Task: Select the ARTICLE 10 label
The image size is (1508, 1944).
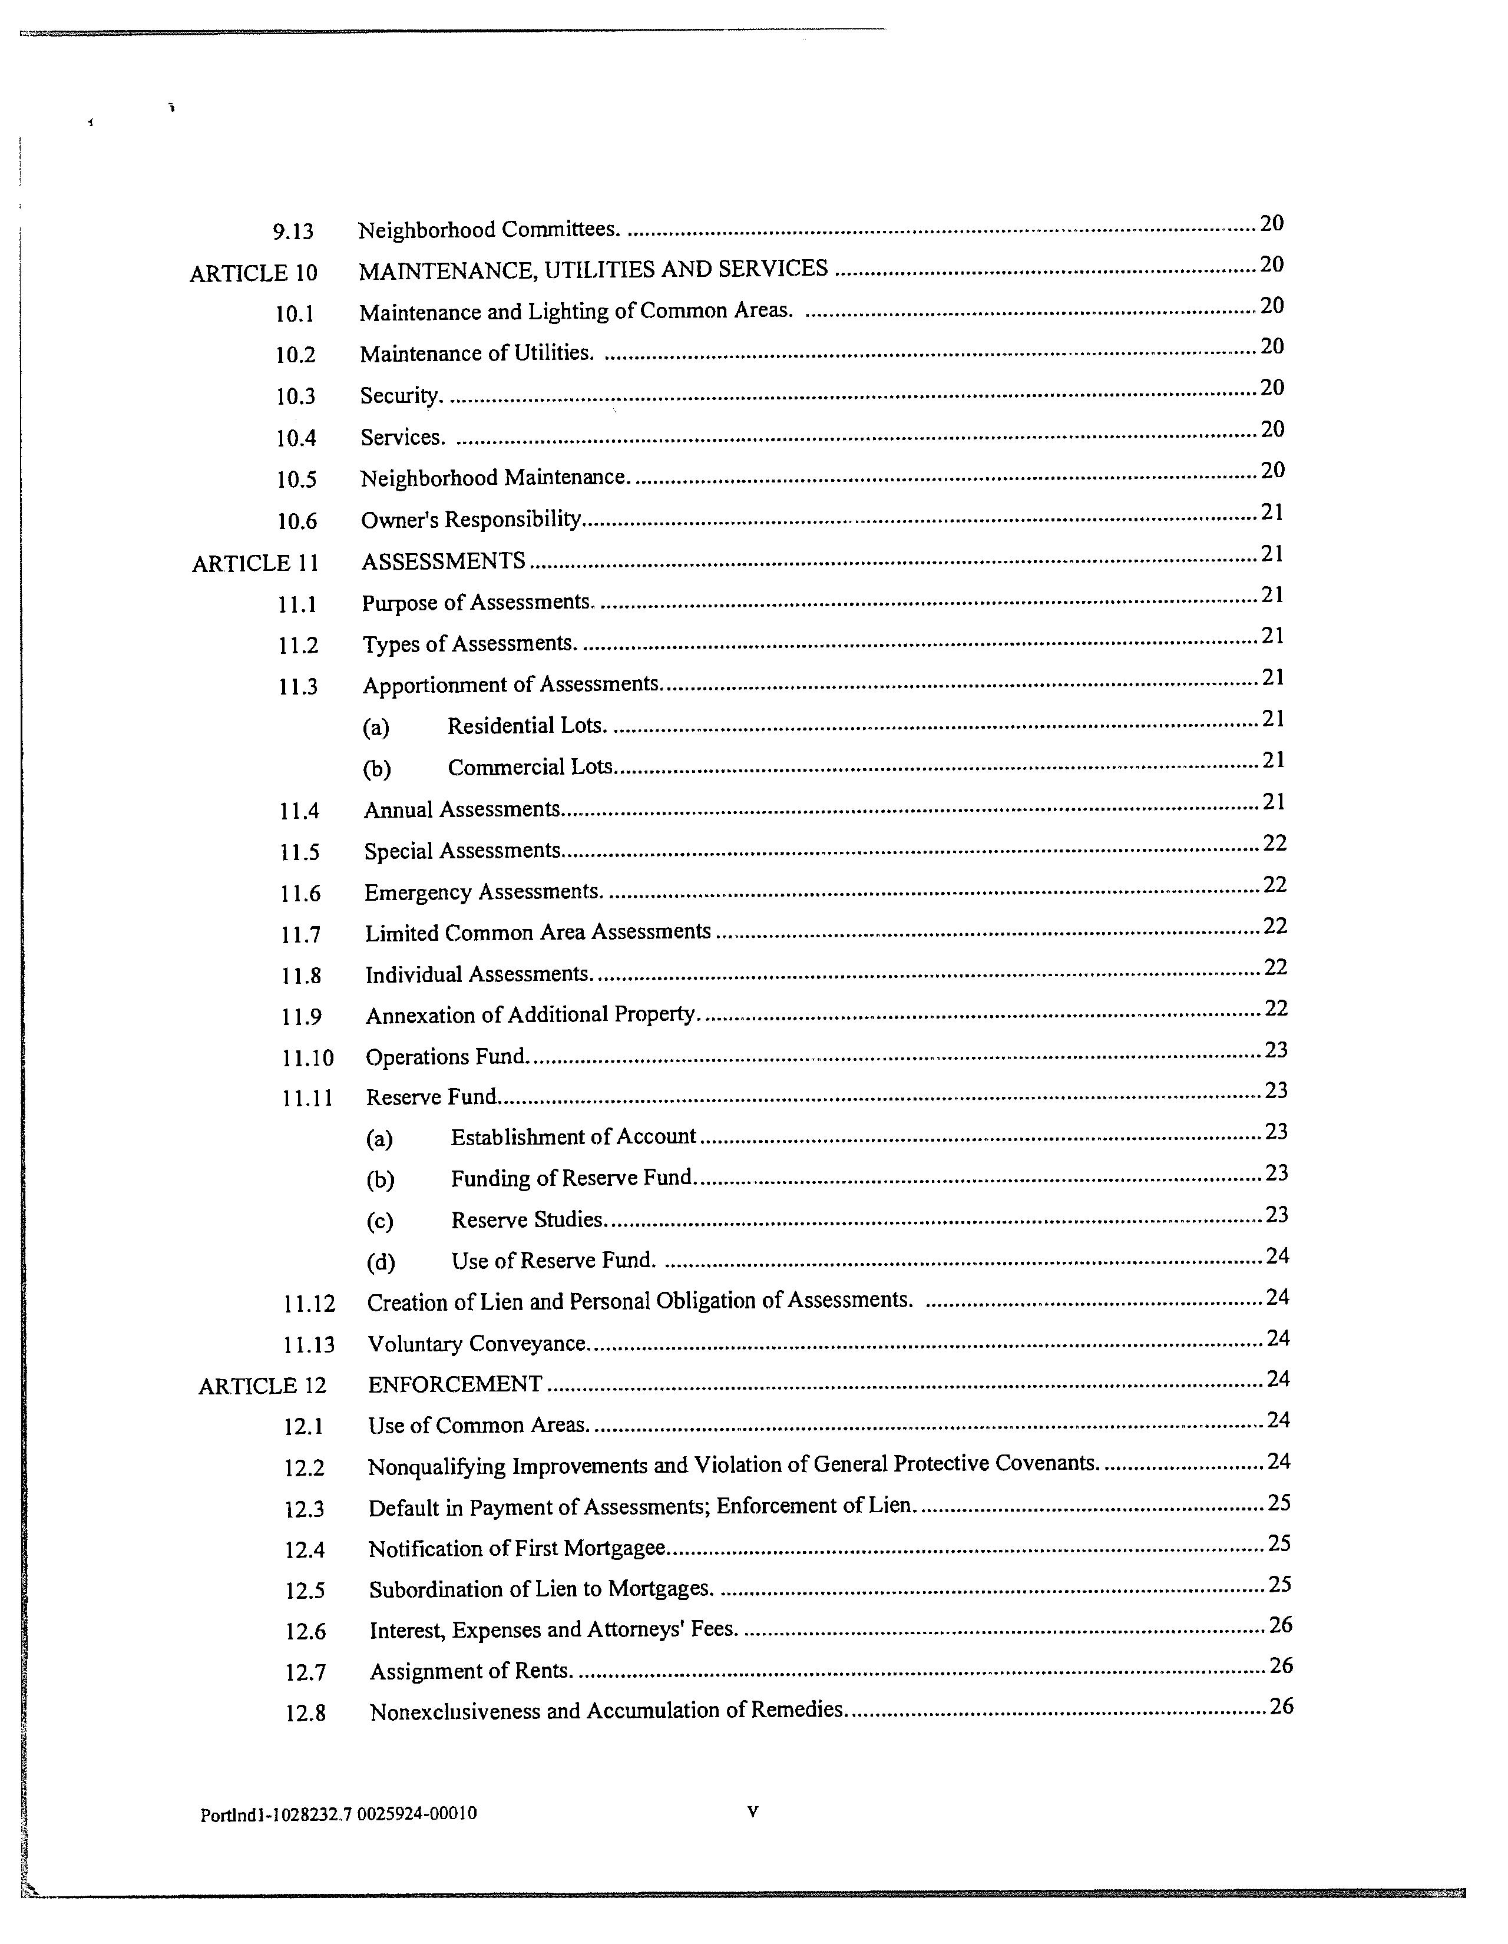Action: pos(254,273)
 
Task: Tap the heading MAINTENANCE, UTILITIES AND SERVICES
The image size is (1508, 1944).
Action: pos(593,269)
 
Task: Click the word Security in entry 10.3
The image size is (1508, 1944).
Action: pos(400,395)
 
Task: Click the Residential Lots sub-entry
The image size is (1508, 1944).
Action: pos(526,726)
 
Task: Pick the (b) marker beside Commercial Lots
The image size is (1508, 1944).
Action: pos(376,769)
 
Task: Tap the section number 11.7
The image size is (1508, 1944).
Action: pos(300,935)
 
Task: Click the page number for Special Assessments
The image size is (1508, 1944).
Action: pos(1275,843)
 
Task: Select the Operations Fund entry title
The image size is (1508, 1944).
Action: pos(447,1057)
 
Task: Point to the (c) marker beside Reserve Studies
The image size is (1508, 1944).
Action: pos(380,1221)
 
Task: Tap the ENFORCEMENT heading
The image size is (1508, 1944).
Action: pos(455,1384)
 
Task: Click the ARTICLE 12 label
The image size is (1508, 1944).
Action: pos(263,1387)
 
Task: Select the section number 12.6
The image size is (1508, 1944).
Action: pos(305,1632)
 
